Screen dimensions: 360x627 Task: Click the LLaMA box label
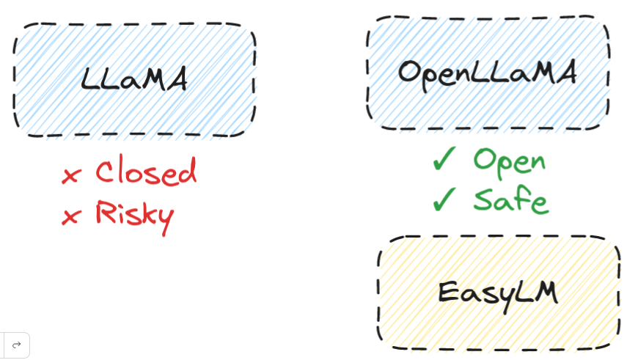click(134, 79)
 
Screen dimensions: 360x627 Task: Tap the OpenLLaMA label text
click(487, 72)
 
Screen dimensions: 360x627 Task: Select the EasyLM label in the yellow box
click(497, 293)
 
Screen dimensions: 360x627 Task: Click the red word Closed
click(146, 172)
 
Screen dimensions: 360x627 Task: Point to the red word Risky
click(134, 214)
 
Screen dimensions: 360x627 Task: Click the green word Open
click(509, 160)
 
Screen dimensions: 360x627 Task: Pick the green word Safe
click(510, 199)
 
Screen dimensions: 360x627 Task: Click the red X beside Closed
click(71, 175)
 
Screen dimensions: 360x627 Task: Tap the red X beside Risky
click(71, 216)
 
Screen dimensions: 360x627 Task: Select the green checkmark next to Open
click(444, 158)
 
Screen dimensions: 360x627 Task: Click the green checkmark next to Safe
click(444, 198)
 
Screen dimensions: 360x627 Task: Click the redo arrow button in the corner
click(16, 345)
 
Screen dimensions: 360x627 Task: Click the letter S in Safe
click(485, 199)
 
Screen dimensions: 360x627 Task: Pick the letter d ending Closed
click(187, 171)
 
